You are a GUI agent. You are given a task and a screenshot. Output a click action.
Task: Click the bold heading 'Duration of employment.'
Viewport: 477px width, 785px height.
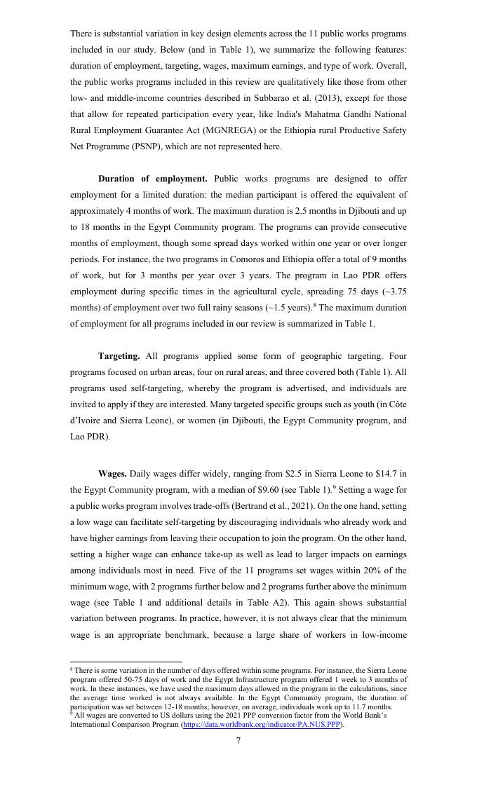click(152, 179)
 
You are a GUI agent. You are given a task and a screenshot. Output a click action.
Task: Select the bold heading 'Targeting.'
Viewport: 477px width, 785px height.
click(119, 356)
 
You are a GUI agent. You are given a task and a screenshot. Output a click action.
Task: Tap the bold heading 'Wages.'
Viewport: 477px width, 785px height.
click(112, 474)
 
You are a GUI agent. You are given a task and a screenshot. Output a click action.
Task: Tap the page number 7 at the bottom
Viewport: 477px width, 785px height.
click(238, 741)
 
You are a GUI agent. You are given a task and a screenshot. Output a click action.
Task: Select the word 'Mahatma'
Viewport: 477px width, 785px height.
click(305, 114)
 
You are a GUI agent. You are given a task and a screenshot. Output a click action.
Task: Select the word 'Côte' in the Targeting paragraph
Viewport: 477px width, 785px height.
click(396, 404)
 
